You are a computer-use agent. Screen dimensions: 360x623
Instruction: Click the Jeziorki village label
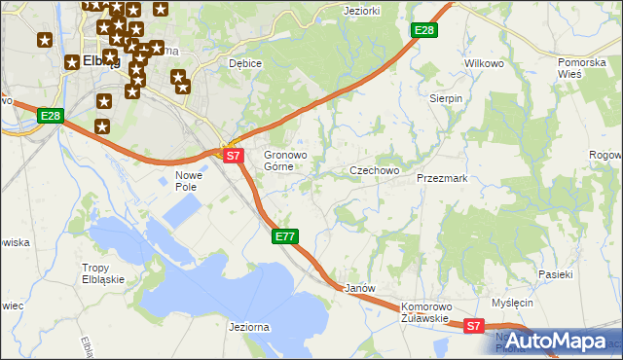tap(361, 11)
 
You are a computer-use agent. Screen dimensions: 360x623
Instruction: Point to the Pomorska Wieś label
tap(582, 68)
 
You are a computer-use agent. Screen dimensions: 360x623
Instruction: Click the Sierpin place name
tap(446, 98)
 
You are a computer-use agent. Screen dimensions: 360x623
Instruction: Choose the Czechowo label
tap(375, 170)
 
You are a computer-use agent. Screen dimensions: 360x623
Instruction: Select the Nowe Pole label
tap(187, 181)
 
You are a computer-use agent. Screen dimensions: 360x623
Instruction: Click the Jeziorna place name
tap(248, 328)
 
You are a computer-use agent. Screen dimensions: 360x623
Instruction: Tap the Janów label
tap(360, 289)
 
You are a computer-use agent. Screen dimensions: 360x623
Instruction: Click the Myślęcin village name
tap(513, 304)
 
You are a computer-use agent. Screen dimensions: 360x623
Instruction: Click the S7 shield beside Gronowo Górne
tap(232, 155)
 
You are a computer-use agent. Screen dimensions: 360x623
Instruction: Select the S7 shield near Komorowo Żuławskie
tap(473, 327)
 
